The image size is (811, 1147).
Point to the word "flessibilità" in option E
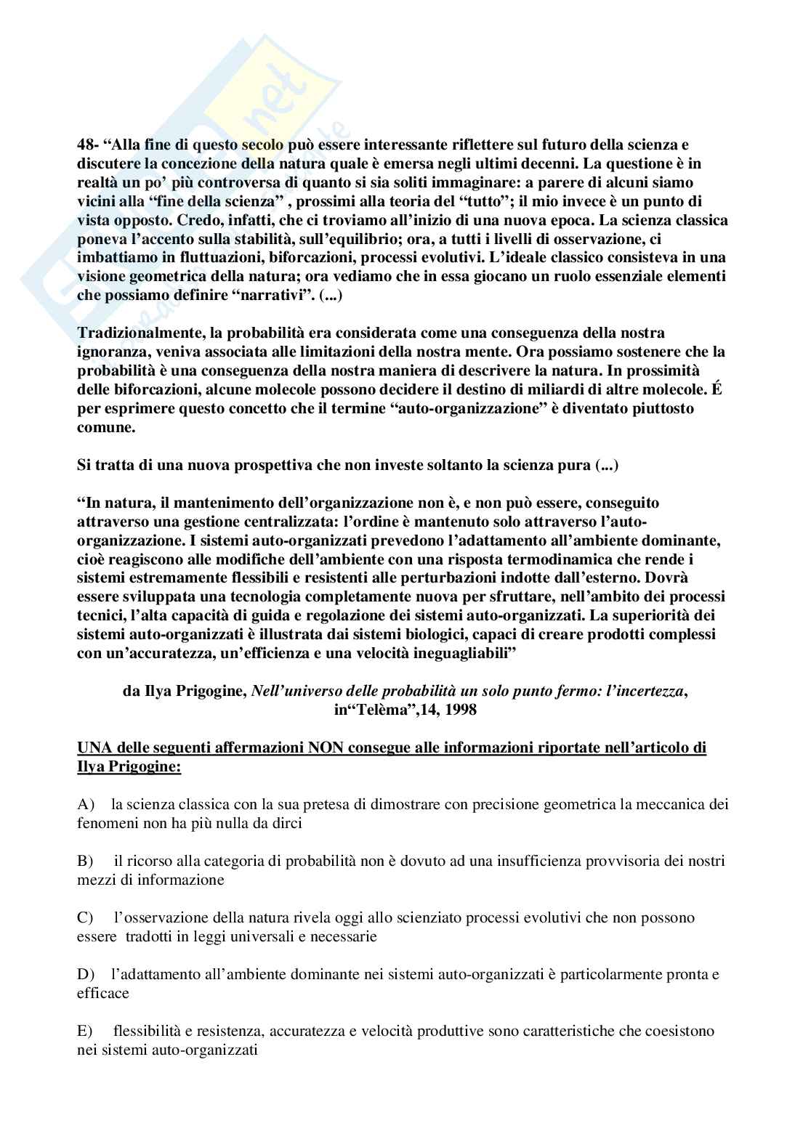point(148,1031)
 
